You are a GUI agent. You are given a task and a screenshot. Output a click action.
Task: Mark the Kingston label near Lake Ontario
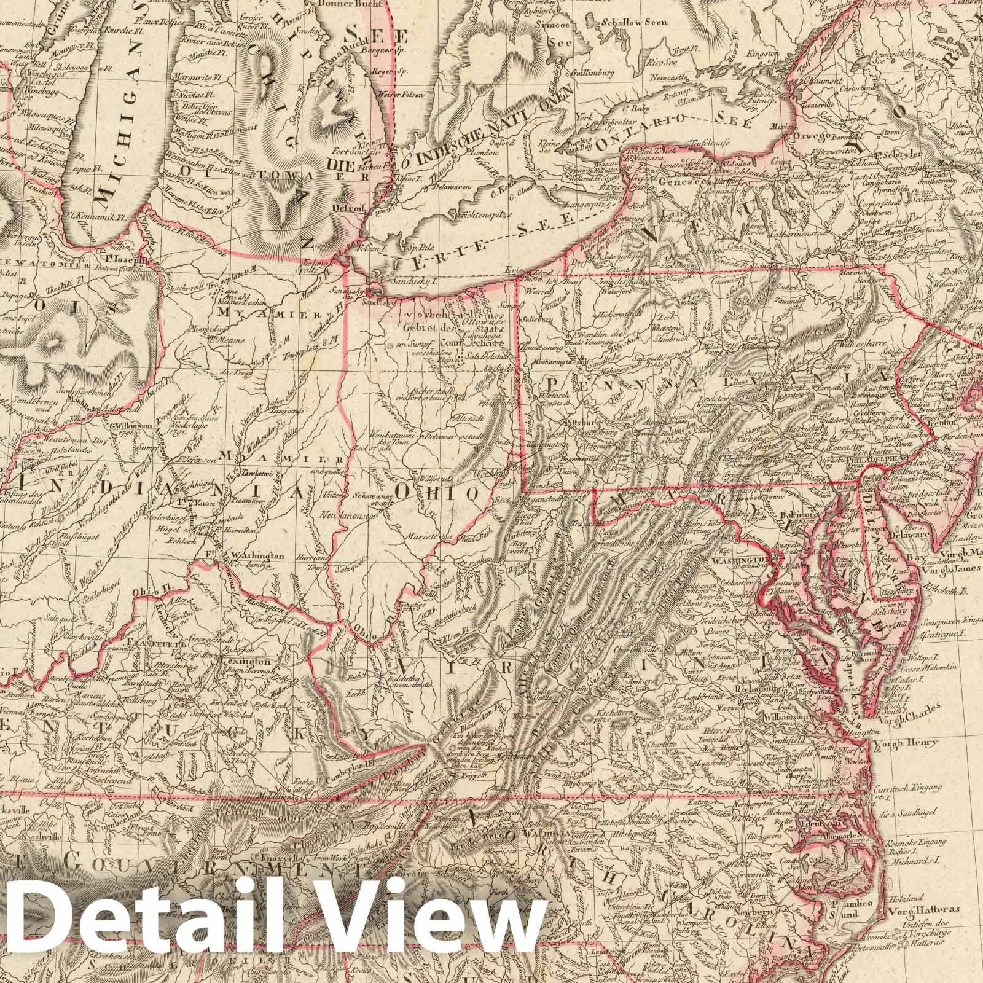[762, 54]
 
